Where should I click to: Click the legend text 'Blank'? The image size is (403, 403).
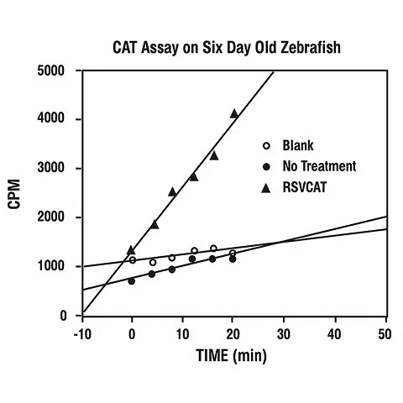point(297,145)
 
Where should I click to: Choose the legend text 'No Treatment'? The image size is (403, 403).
point(319,166)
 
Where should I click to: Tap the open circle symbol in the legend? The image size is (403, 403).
point(266,145)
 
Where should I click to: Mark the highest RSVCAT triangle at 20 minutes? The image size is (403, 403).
point(234,113)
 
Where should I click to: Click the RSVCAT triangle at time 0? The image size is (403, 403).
point(131,249)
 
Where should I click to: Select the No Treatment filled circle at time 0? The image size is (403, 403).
point(132,281)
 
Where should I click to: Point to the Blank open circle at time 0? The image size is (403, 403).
point(132,260)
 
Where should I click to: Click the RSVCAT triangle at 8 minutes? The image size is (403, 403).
point(172,191)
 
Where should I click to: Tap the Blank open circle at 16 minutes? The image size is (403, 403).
point(213,249)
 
